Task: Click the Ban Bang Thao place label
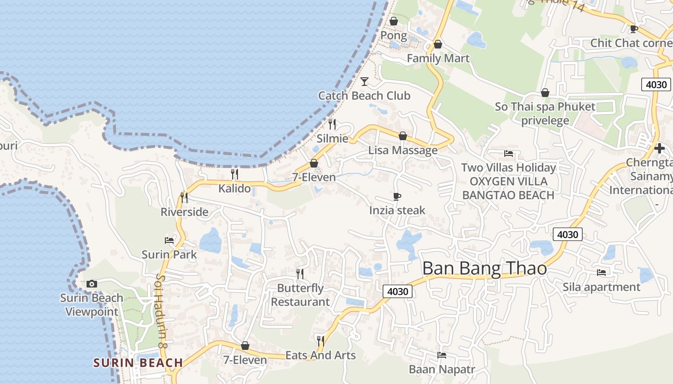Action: [485, 269]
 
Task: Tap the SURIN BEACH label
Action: [138, 362]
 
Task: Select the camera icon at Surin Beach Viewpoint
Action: [92, 284]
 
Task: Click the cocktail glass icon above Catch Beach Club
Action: [364, 81]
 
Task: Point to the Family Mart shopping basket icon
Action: [437, 44]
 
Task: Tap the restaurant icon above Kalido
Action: [235, 174]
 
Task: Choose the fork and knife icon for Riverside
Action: [184, 197]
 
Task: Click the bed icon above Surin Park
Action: [169, 240]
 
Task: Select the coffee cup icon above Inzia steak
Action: [397, 196]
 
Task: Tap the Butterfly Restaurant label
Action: [300, 295]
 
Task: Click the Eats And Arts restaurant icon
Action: [320, 341]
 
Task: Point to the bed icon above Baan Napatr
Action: [442, 355]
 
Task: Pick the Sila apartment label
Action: [601, 287]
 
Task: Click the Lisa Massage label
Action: [403, 150]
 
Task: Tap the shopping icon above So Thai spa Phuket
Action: [545, 92]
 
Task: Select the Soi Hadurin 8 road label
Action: [162, 312]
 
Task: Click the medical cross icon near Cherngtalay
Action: [660, 148]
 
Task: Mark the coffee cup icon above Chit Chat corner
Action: [634, 29]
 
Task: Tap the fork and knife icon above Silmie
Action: [332, 124]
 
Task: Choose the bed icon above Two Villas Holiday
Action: [509, 154]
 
